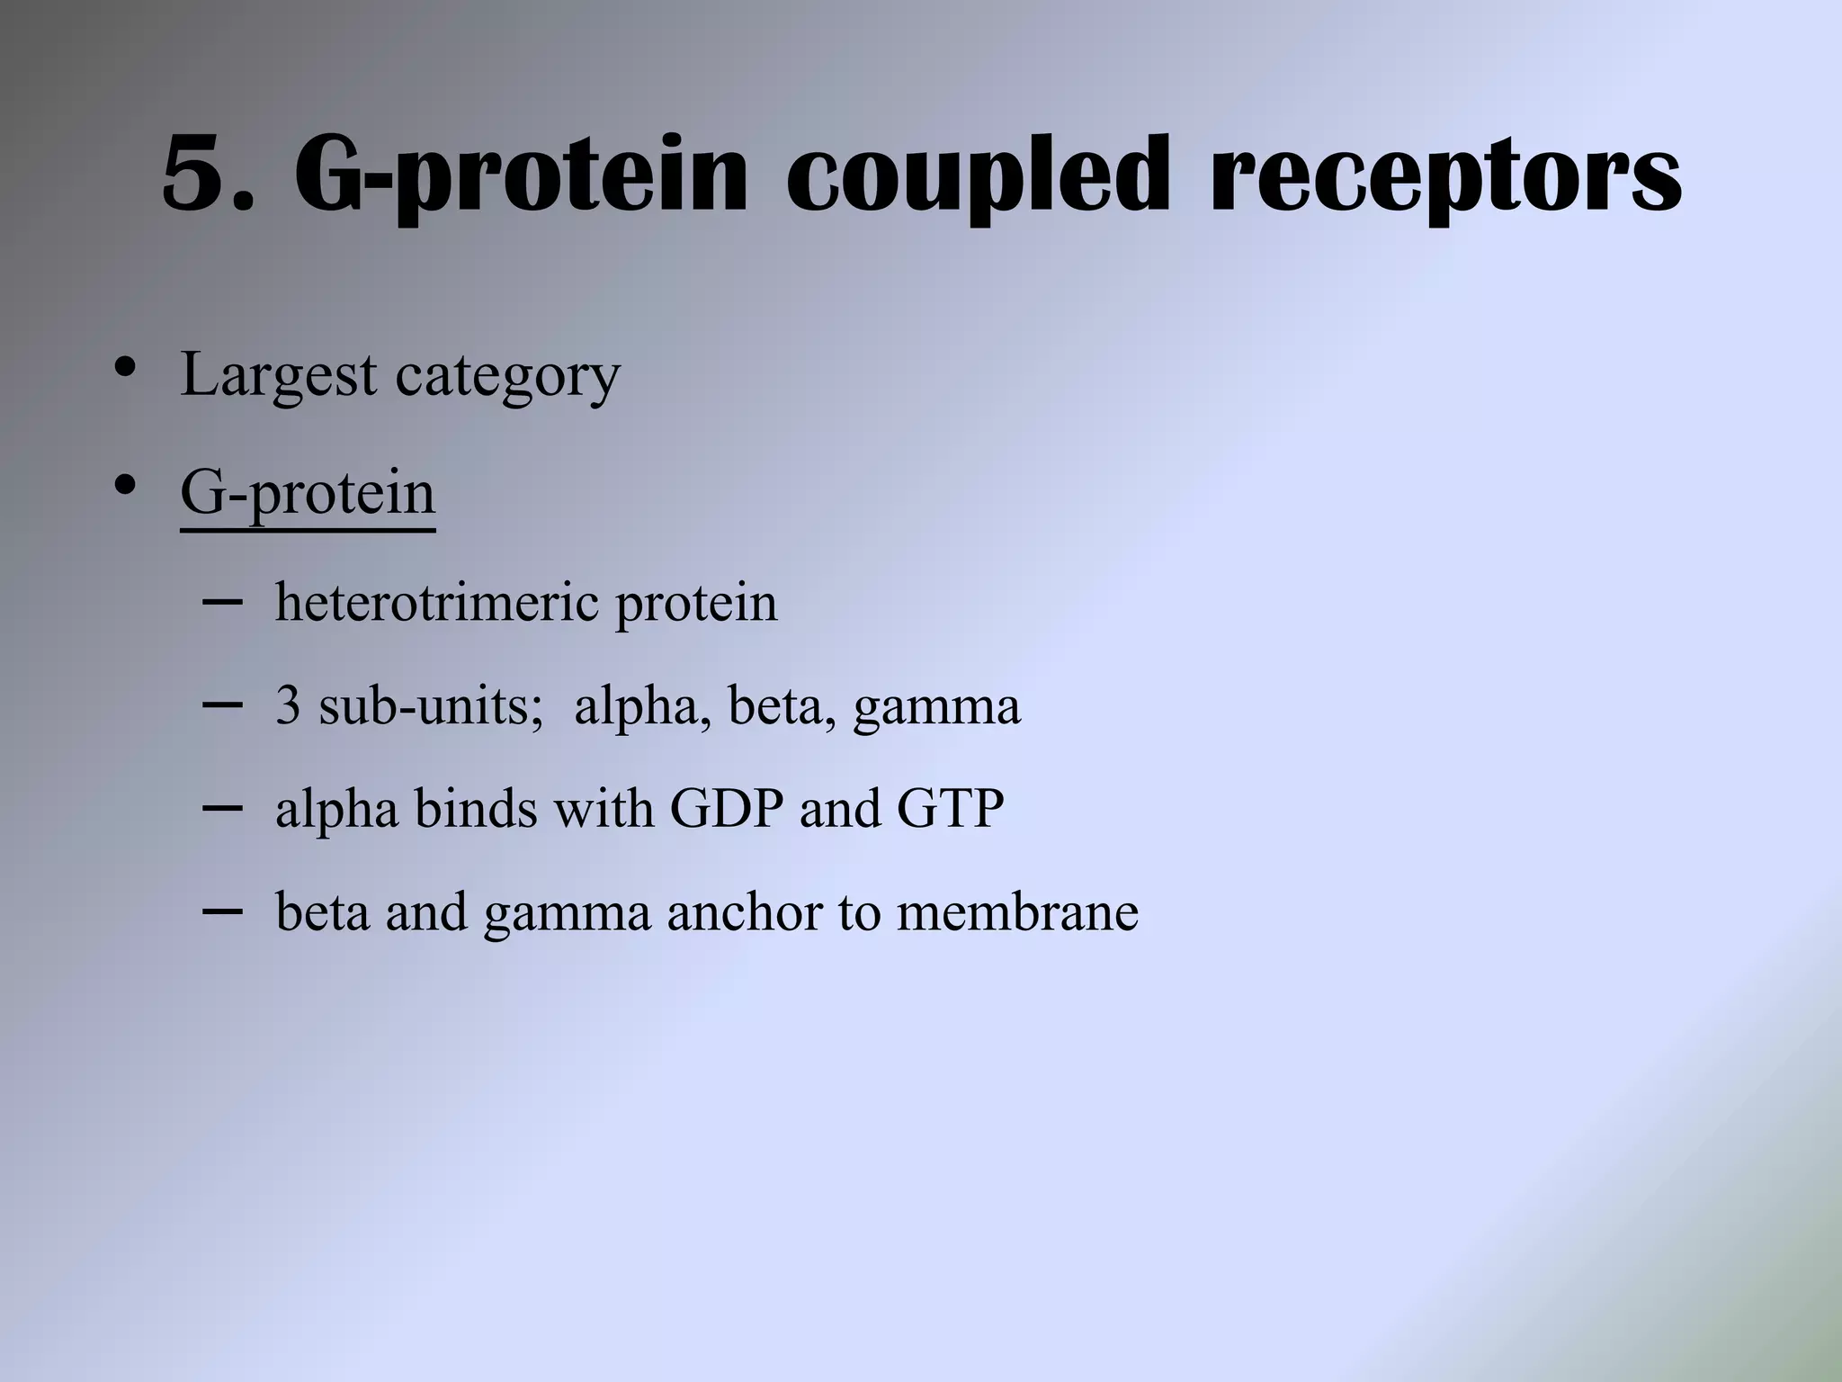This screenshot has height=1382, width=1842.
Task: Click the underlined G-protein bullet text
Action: pos(308,494)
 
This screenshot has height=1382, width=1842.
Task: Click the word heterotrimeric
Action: pos(436,602)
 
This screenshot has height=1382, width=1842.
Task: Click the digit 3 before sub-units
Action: pos(288,705)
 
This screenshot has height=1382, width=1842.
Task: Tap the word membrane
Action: pos(1017,911)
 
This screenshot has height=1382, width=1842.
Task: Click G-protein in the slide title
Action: pos(521,176)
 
